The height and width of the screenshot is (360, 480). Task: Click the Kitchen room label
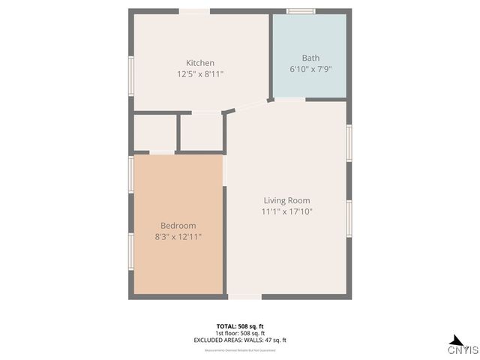point(200,63)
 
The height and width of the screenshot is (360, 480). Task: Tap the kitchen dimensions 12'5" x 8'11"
point(200,74)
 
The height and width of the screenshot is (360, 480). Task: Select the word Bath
point(310,58)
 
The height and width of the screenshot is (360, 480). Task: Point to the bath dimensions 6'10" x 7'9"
point(310,69)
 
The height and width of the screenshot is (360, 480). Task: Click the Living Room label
point(286,200)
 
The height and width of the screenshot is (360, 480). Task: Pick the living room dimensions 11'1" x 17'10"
point(286,212)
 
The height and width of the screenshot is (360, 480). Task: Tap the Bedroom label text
point(178,226)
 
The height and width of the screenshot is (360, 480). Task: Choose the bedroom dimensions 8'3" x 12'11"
point(178,237)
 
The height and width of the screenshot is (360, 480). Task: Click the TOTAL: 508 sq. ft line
point(240,326)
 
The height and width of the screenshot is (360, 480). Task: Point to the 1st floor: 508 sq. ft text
point(240,333)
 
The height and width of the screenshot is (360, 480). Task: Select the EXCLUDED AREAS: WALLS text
point(240,340)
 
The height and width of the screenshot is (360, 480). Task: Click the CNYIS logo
point(463,346)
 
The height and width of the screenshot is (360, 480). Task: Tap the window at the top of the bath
point(301,11)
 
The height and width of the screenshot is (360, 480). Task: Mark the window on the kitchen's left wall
point(131,76)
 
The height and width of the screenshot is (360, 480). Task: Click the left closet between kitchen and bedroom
point(154,133)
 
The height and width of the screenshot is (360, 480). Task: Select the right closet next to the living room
point(201,132)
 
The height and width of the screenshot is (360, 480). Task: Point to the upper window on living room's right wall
point(349,142)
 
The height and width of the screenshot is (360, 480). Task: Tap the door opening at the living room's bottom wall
point(244,296)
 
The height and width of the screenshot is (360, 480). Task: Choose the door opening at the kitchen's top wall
point(194,11)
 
